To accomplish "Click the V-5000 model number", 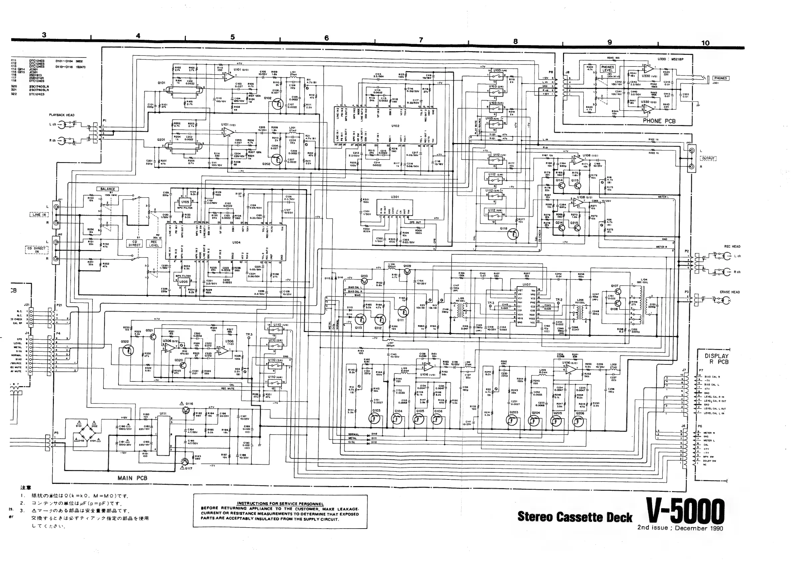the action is [685, 511].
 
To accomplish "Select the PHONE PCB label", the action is [659, 121].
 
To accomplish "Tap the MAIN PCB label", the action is [132, 478].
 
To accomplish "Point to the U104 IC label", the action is [236, 242].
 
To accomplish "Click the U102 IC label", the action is [395, 126].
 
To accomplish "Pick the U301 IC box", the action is [395, 207].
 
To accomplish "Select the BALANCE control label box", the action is [107, 189].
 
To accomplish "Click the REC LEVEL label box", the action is [154, 244].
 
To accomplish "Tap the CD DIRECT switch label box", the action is [134, 243].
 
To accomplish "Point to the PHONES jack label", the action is [720, 78].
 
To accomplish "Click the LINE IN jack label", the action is [39, 215].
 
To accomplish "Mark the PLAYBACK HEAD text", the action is [62, 115].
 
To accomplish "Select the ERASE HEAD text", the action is [732, 292].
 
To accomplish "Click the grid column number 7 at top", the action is [421, 39].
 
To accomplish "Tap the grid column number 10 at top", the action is [705, 43].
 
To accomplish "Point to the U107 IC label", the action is [526, 284].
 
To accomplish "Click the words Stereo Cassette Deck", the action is [575, 517].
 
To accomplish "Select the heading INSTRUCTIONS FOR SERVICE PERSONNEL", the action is [280, 504].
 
